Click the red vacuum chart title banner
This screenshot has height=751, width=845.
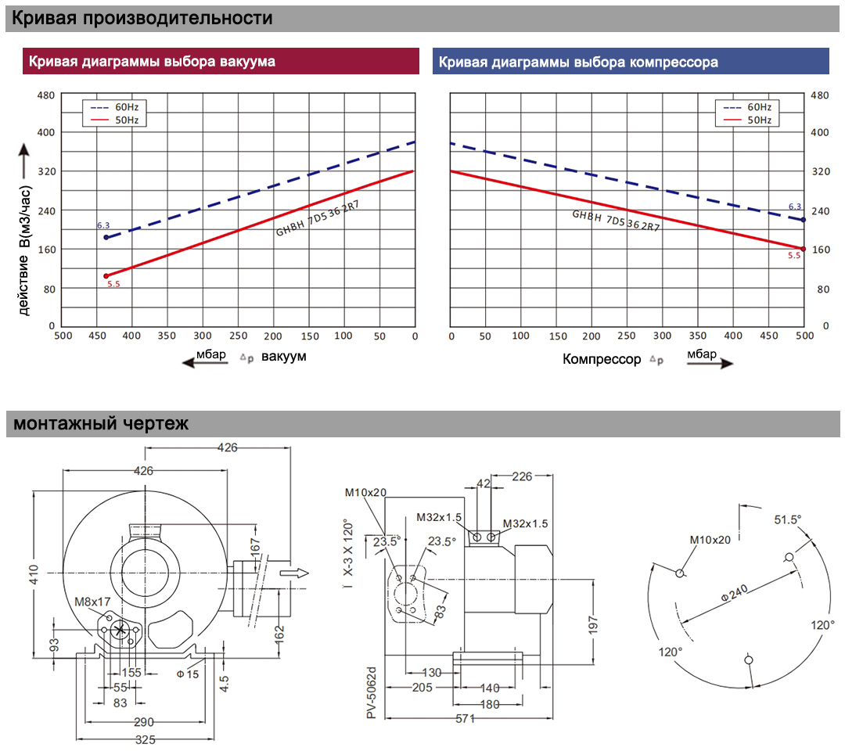pyautogui.click(x=221, y=61)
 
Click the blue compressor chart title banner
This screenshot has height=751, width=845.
pyautogui.click(x=631, y=61)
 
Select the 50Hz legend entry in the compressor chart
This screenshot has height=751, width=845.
pyautogui.click(x=747, y=120)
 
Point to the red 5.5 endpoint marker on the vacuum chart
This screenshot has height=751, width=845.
pyautogui.click(x=106, y=276)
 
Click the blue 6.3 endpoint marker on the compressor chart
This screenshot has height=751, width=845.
pyautogui.click(x=803, y=220)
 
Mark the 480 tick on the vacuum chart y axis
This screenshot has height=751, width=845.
pyautogui.click(x=46, y=95)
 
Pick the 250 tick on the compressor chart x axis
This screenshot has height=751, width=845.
pyautogui.click(x=626, y=336)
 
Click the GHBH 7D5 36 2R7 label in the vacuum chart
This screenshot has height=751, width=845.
pyautogui.click(x=318, y=218)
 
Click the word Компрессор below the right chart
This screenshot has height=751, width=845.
pyautogui.click(x=602, y=359)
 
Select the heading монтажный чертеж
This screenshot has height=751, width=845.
pyautogui.click(x=101, y=423)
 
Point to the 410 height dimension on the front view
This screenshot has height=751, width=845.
pyautogui.click(x=34, y=574)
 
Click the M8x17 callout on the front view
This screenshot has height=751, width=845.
pyautogui.click(x=92, y=602)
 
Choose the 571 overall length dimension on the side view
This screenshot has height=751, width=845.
pyautogui.click(x=465, y=719)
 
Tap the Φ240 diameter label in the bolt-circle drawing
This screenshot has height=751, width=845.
pyautogui.click(x=734, y=593)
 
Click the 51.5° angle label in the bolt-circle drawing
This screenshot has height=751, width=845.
pyautogui.click(x=787, y=520)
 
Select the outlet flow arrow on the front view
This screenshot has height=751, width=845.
pyautogui.click(x=294, y=573)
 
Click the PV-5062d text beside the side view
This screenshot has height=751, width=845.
pyautogui.click(x=372, y=693)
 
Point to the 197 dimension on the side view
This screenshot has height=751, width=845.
pyautogui.click(x=593, y=625)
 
